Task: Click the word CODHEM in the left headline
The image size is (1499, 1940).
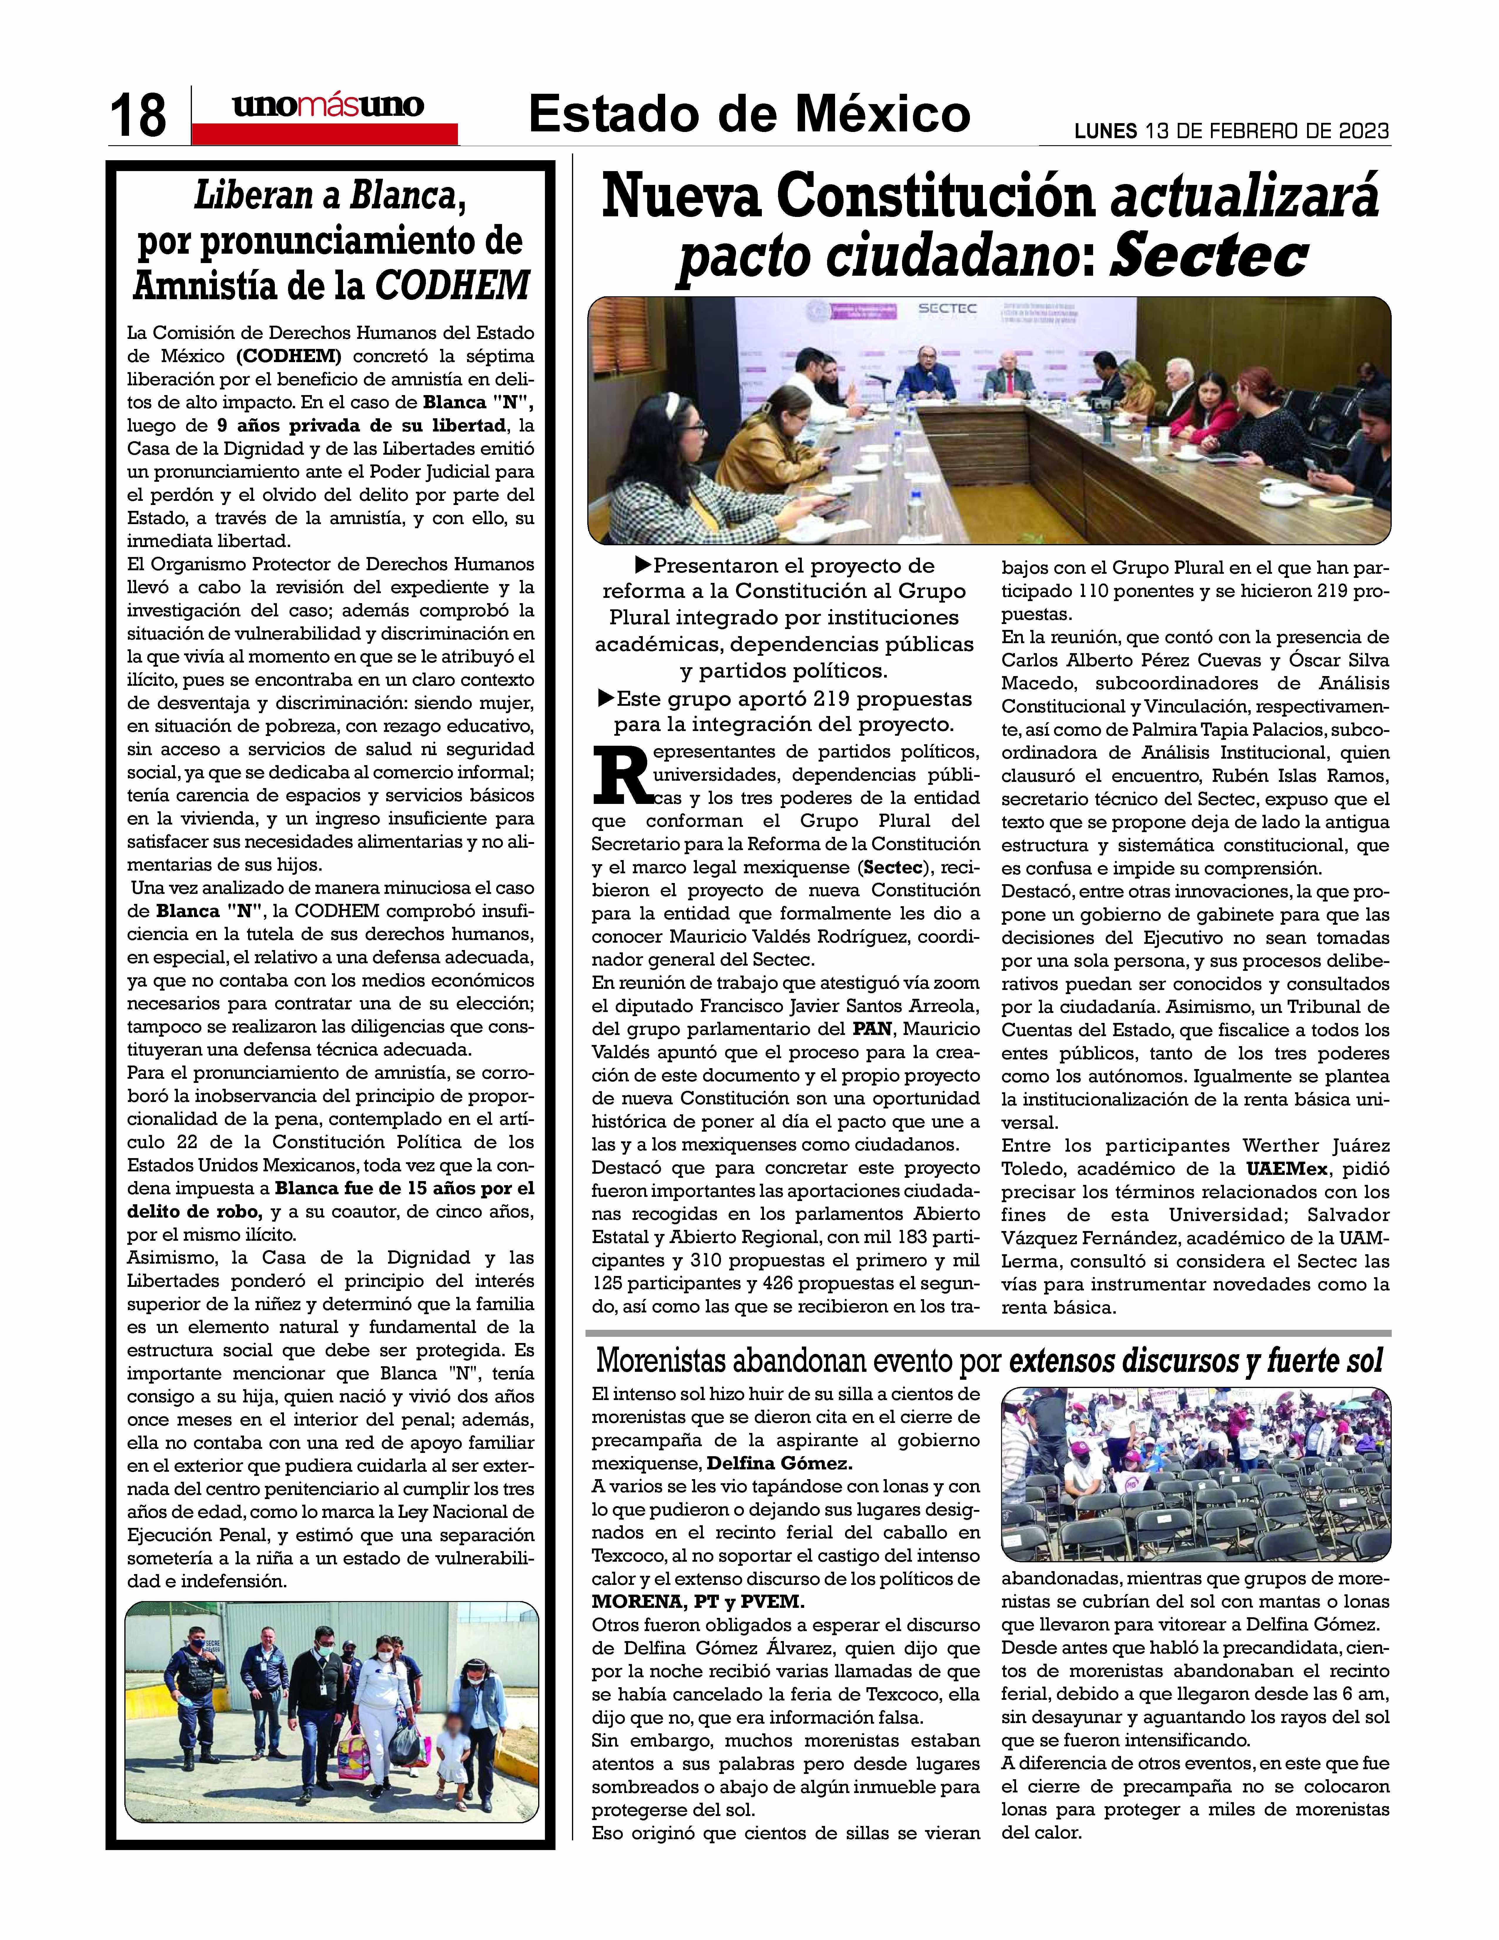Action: (x=453, y=286)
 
